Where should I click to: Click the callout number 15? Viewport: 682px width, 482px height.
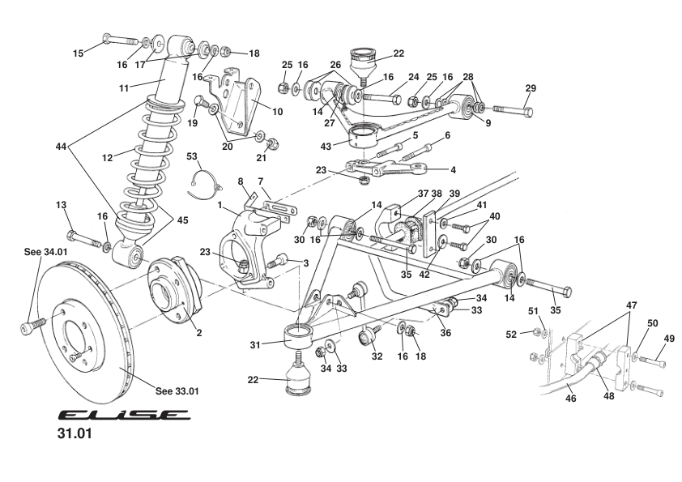tap(79, 53)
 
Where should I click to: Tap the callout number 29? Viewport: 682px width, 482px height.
tap(531, 87)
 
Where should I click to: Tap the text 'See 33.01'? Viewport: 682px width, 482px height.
tap(177, 390)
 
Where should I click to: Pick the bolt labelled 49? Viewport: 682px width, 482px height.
tap(653, 362)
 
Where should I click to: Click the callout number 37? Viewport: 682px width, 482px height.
tap(400, 194)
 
